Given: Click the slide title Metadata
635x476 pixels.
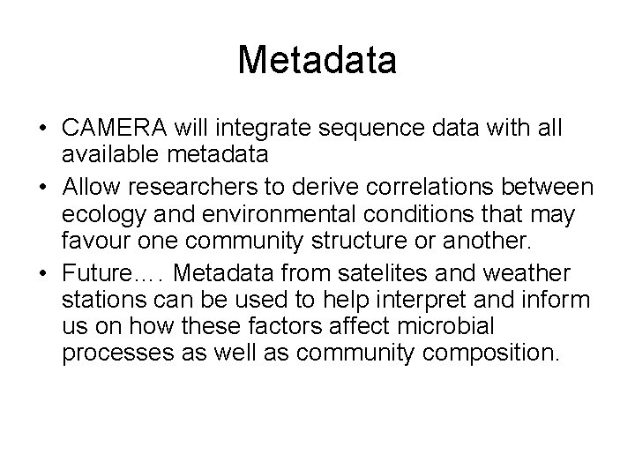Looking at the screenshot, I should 317,61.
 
